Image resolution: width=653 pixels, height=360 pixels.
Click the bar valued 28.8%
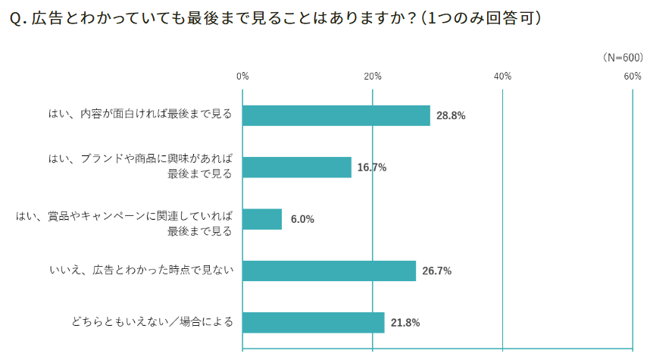coord(336,115)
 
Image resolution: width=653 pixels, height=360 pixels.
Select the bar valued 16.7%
coord(297,167)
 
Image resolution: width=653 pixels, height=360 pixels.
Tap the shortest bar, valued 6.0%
coord(262,219)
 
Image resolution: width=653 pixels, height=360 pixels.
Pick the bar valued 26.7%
coord(330,271)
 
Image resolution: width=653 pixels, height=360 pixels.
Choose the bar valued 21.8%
coord(314,322)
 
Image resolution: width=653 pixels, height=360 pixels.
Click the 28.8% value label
coord(451,116)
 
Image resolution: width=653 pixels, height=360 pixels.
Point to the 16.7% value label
coord(372,167)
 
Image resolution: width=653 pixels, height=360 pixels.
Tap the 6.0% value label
coord(302,220)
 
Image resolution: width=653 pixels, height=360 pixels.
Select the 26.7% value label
coord(436,271)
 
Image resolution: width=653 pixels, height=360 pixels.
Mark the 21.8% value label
coord(405,323)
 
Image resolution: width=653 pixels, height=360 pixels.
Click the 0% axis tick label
coord(242,77)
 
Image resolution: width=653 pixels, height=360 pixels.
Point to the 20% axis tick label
coord(373,77)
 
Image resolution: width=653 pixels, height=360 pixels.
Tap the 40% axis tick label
coord(503,77)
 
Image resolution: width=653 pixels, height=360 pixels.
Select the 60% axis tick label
coord(633,77)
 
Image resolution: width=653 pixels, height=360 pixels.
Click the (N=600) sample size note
coord(623,58)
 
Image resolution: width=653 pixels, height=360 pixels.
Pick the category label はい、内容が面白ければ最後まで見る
coord(139,115)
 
